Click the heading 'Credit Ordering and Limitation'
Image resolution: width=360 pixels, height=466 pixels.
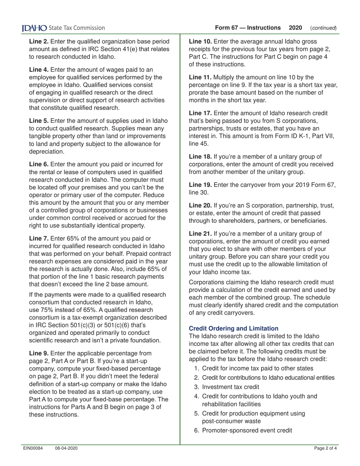pos(233,328)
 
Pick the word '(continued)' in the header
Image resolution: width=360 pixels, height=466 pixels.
pos(323,28)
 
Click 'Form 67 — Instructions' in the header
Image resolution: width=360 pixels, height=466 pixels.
pos(248,28)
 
